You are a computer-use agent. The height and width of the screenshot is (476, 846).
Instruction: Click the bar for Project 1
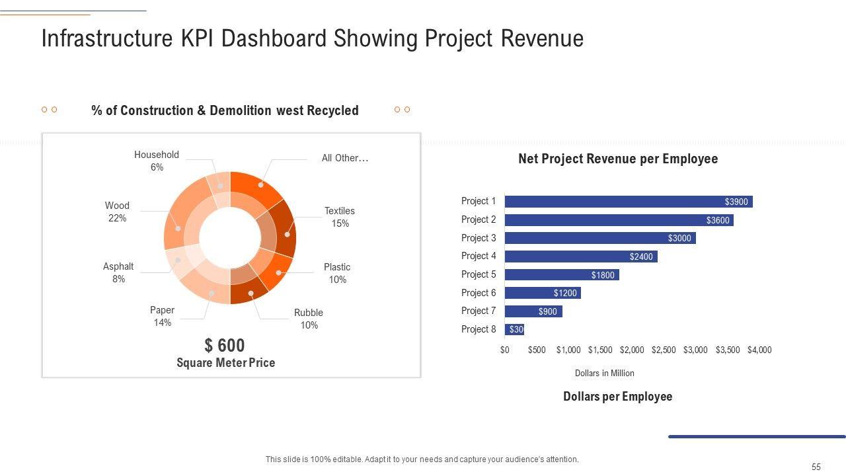(x=628, y=202)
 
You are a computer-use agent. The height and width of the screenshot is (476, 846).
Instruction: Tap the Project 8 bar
(x=514, y=329)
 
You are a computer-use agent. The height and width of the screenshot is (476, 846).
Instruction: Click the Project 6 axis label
(x=479, y=293)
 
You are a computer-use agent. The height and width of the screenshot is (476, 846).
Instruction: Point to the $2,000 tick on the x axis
(x=632, y=350)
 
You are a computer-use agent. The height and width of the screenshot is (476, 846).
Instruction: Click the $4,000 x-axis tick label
(x=759, y=350)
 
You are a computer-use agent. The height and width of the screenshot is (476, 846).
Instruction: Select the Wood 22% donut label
(x=117, y=212)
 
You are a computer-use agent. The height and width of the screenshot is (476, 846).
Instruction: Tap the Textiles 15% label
(x=340, y=217)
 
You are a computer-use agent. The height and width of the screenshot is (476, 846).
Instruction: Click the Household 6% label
(x=157, y=161)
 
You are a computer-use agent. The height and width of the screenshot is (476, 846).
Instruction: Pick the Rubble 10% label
(x=309, y=319)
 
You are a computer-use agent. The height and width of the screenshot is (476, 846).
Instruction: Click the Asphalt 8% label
(x=118, y=272)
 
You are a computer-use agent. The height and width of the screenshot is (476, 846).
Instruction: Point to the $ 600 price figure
(x=225, y=345)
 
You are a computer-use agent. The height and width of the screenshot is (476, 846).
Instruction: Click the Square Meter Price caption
(x=225, y=363)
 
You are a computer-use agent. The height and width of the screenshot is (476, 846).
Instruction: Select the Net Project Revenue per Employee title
(x=618, y=159)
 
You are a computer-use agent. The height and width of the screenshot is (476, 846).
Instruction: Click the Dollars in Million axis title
(x=605, y=374)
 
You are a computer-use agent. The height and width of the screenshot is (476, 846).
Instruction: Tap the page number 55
(x=816, y=467)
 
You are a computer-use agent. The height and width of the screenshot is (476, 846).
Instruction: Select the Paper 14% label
(x=163, y=316)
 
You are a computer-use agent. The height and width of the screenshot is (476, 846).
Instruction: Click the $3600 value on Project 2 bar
(x=718, y=220)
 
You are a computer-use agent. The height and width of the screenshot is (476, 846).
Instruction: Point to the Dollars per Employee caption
(x=618, y=397)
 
